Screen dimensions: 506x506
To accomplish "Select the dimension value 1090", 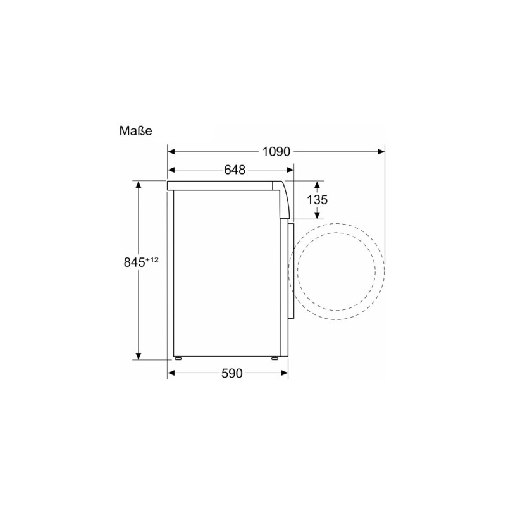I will pos(275,152).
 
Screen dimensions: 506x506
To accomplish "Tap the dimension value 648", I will pos(234,170).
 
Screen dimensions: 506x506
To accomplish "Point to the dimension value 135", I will pos(317,200).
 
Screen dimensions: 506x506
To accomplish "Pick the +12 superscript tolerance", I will pos(152,258).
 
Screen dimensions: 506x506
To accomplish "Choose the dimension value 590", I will pos(231,373).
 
